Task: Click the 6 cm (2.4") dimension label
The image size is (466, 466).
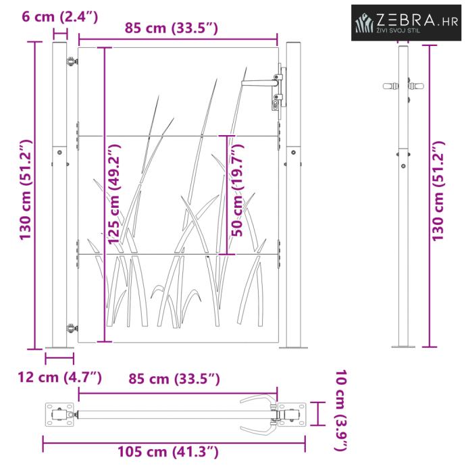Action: tap(59, 17)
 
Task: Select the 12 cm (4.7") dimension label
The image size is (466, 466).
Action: tap(59, 378)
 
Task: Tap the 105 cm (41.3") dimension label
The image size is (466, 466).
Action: tap(168, 452)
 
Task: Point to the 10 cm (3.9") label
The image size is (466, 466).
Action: tap(342, 411)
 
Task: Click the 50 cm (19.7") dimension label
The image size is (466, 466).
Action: tap(238, 190)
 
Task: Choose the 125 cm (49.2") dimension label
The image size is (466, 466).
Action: tap(114, 195)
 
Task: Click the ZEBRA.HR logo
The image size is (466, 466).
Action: tap(406, 22)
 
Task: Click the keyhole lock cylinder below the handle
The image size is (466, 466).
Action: tap(275, 105)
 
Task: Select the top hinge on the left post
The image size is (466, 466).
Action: tap(72, 61)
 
